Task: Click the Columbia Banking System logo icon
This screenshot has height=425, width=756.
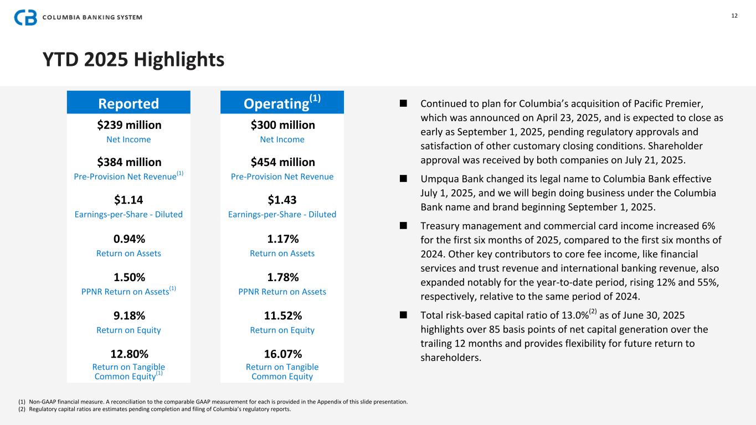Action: (25, 18)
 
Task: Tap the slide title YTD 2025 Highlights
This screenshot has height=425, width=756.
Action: (133, 59)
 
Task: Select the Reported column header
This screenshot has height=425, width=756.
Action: (128, 103)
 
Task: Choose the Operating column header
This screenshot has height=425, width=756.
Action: (282, 102)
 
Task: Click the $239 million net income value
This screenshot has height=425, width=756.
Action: (128, 125)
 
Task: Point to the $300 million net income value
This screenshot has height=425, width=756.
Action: (282, 125)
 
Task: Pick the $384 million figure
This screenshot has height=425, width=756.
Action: (128, 162)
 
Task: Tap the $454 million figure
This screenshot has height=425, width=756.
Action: (282, 162)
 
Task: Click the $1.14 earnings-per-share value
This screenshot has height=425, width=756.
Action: (128, 200)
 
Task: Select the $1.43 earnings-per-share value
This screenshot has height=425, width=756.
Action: (282, 200)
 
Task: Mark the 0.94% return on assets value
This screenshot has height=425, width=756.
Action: (128, 239)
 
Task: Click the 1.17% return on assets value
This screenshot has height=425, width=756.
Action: (282, 239)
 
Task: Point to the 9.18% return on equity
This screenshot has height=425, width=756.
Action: (128, 316)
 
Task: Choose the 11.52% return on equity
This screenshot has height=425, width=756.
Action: (282, 316)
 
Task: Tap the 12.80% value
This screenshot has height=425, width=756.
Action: (128, 354)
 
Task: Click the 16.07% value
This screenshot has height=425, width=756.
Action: (282, 354)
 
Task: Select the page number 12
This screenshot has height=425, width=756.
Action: (734, 15)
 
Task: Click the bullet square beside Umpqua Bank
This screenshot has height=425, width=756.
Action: (403, 179)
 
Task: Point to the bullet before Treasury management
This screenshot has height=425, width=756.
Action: (403, 226)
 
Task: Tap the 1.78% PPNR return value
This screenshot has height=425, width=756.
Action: (282, 277)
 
